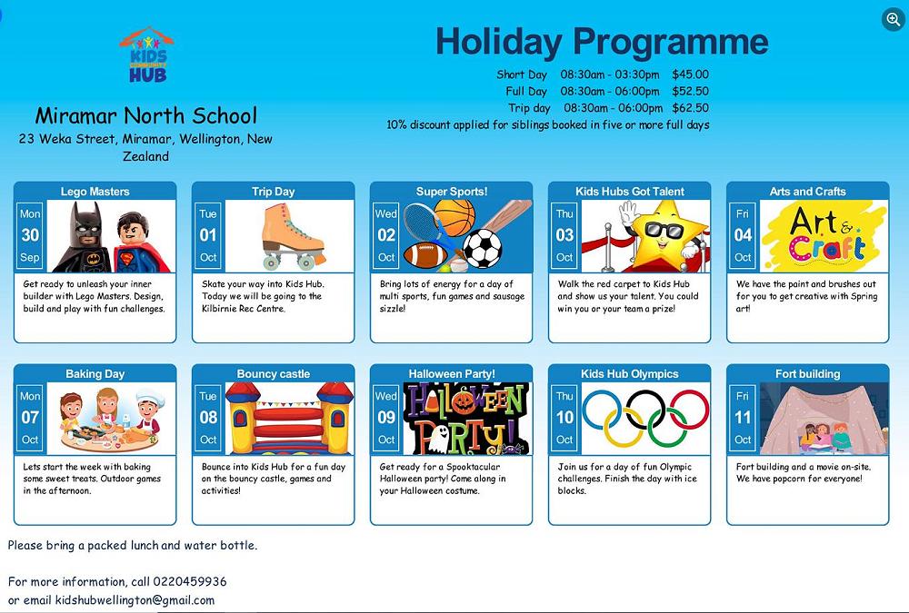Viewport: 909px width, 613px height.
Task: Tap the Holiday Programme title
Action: tap(601, 42)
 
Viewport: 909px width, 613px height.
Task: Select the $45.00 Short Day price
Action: tap(690, 74)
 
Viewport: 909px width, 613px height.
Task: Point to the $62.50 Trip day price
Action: tap(690, 108)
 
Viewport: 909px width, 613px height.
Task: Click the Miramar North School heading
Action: tap(145, 116)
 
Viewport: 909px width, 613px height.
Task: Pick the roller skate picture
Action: tap(288, 235)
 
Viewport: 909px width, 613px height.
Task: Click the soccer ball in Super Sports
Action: tap(483, 247)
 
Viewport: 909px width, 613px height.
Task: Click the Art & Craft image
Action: tap(823, 235)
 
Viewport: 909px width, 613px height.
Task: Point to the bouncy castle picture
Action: tap(288, 418)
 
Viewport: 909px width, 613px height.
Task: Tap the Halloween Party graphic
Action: tap(466, 418)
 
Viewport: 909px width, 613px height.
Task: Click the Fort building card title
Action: tap(807, 374)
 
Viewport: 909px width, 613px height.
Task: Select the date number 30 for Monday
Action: tap(30, 235)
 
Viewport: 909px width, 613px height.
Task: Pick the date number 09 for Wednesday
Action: tap(386, 418)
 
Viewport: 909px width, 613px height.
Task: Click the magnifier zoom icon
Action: tap(893, 19)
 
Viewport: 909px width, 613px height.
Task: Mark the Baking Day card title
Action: tap(95, 374)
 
